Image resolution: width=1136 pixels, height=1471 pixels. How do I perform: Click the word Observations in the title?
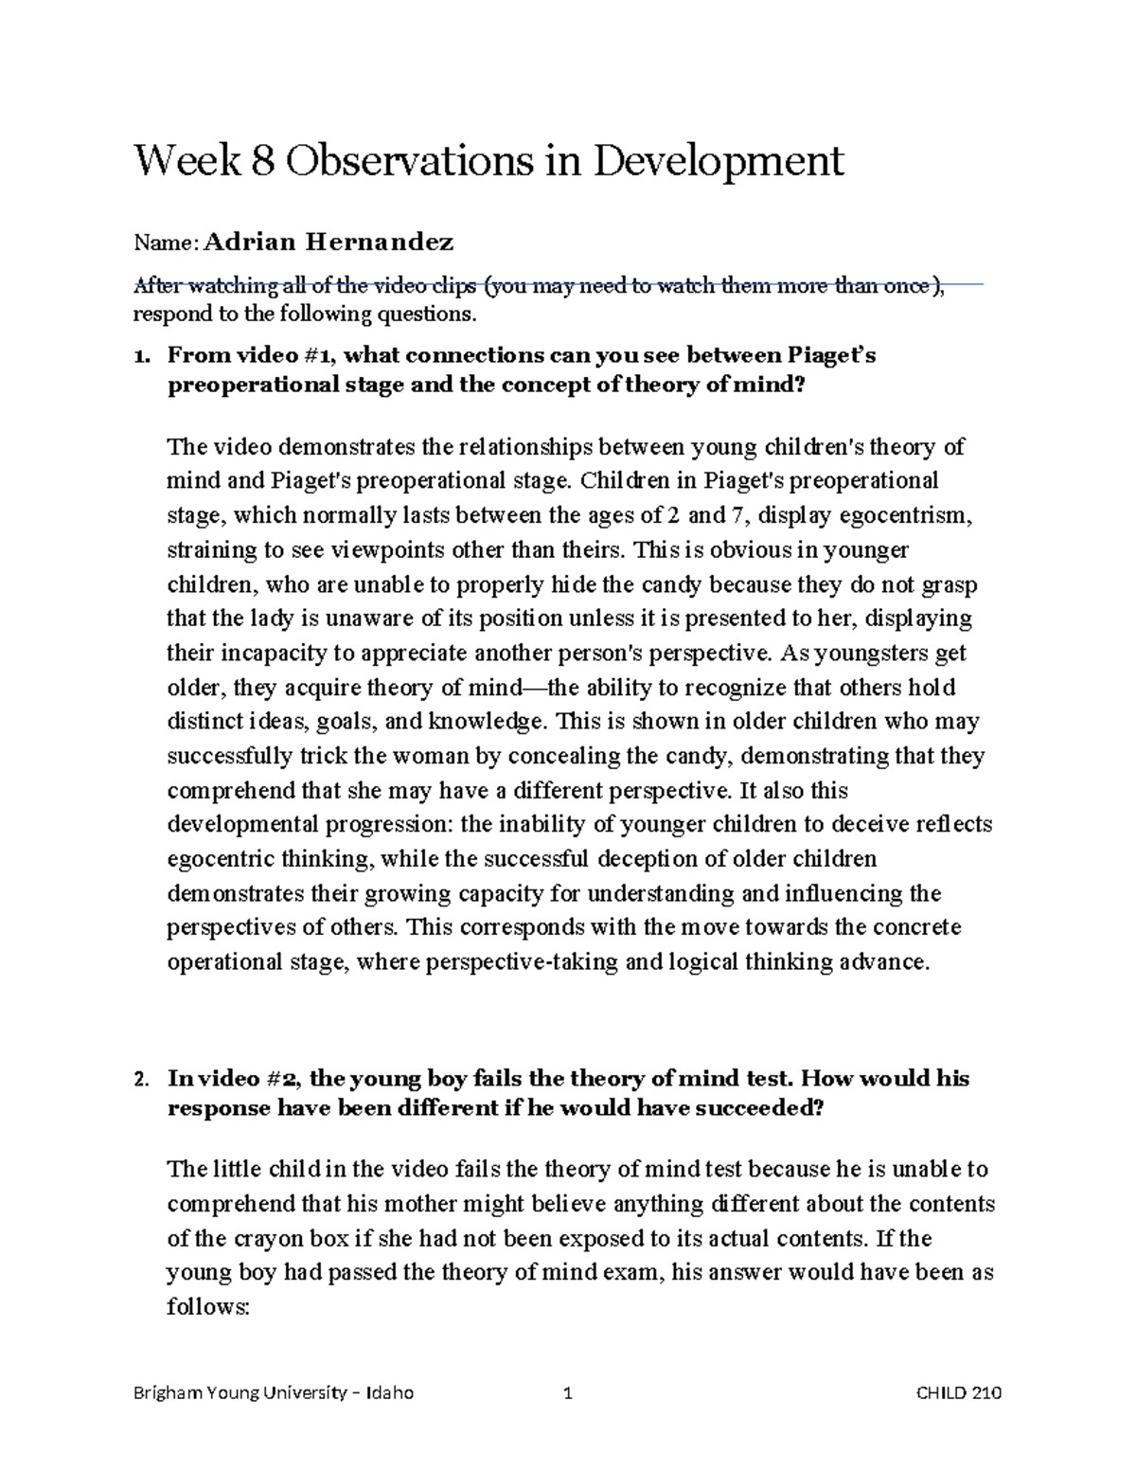click(408, 161)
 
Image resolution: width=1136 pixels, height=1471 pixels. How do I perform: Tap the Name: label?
click(167, 243)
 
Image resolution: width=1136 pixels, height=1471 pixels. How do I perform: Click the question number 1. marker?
click(142, 356)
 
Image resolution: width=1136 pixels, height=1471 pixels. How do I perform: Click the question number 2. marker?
click(142, 1079)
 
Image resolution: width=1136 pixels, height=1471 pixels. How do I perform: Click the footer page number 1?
click(568, 1393)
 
